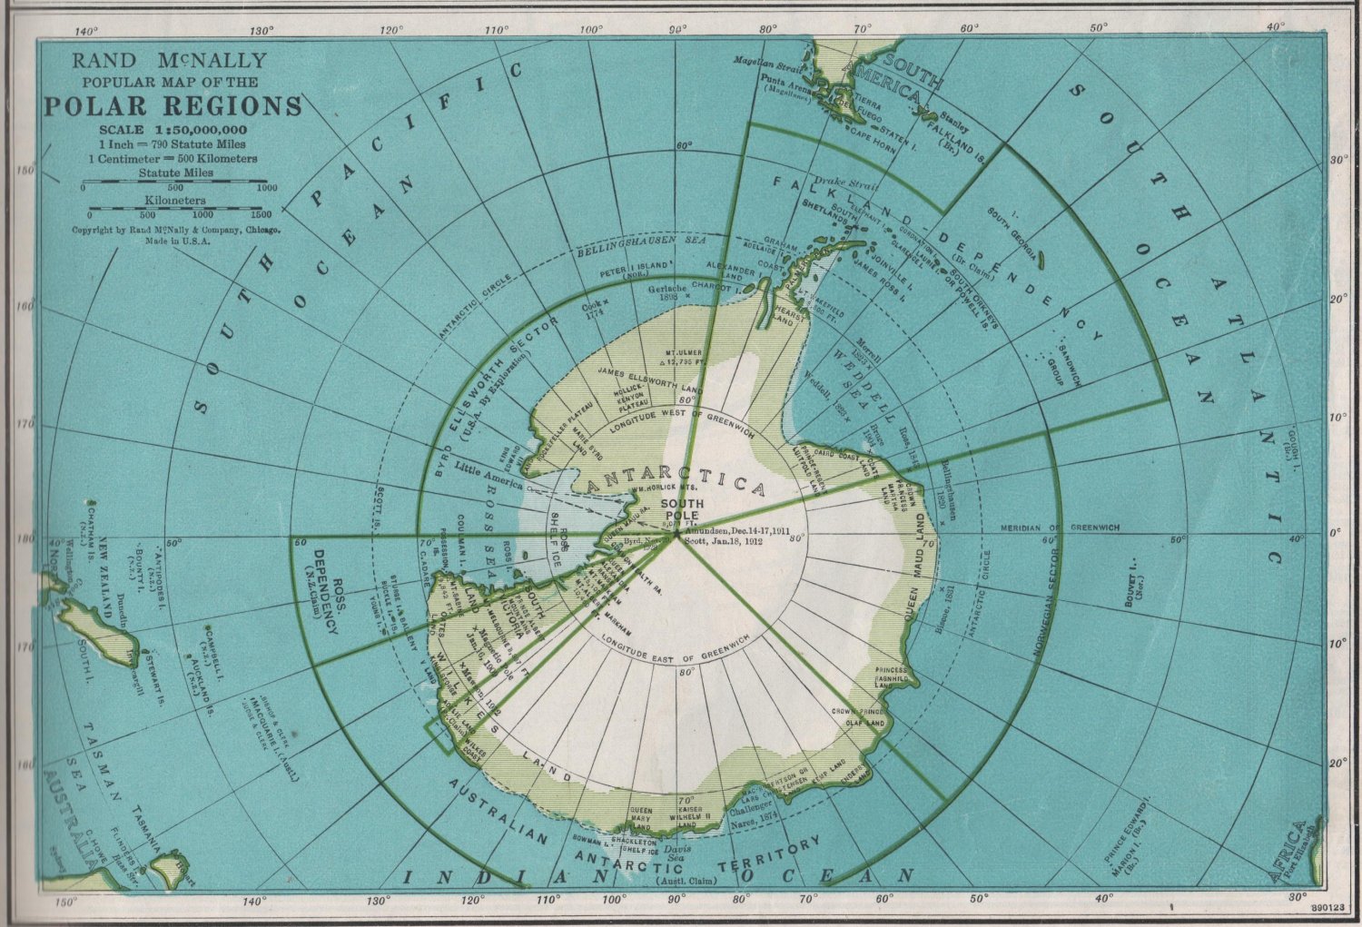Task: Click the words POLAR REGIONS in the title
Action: [x=173, y=106]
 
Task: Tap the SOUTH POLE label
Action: [x=682, y=509]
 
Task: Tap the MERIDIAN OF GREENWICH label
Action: [x=1060, y=528]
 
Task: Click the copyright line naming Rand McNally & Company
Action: [x=176, y=231]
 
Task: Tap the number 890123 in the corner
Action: [x=1330, y=906]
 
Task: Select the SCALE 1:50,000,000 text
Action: [x=173, y=130]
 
